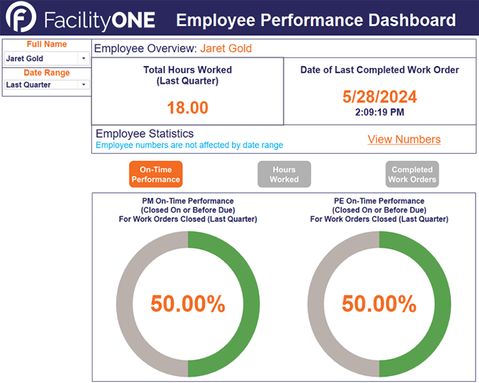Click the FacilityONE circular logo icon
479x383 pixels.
[21, 20]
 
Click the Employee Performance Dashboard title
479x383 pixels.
[315, 20]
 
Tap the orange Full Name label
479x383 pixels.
[47, 45]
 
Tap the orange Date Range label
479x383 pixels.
[47, 72]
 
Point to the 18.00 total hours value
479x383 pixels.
[188, 108]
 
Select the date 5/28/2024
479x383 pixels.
[379, 96]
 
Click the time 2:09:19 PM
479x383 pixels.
[379, 112]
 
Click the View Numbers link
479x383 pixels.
[404, 139]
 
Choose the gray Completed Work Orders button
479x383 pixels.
[412, 174]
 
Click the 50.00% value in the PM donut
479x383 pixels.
[188, 304]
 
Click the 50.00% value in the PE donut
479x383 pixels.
[379, 304]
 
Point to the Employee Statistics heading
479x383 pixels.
[144, 134]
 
